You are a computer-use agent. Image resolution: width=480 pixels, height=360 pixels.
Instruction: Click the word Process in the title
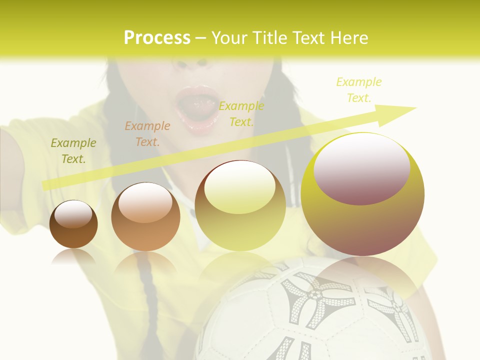[x=157, y=38]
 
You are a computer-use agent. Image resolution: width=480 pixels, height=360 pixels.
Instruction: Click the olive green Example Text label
[x=73, y=151]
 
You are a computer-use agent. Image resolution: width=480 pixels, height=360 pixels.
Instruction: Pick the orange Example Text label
[x=147, y=134]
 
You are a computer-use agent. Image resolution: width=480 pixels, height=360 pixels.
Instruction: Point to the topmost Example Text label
[x=359, y=90]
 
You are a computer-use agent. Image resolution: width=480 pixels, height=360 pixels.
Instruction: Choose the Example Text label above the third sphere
[x=241, y=113]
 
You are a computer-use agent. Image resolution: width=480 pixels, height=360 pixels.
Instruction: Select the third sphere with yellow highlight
[x=240, y=206]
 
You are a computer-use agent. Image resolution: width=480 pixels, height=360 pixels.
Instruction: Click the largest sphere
[x=362, y=195]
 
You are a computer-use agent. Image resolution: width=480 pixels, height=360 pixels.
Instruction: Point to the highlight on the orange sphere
[x=145, y=202]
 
